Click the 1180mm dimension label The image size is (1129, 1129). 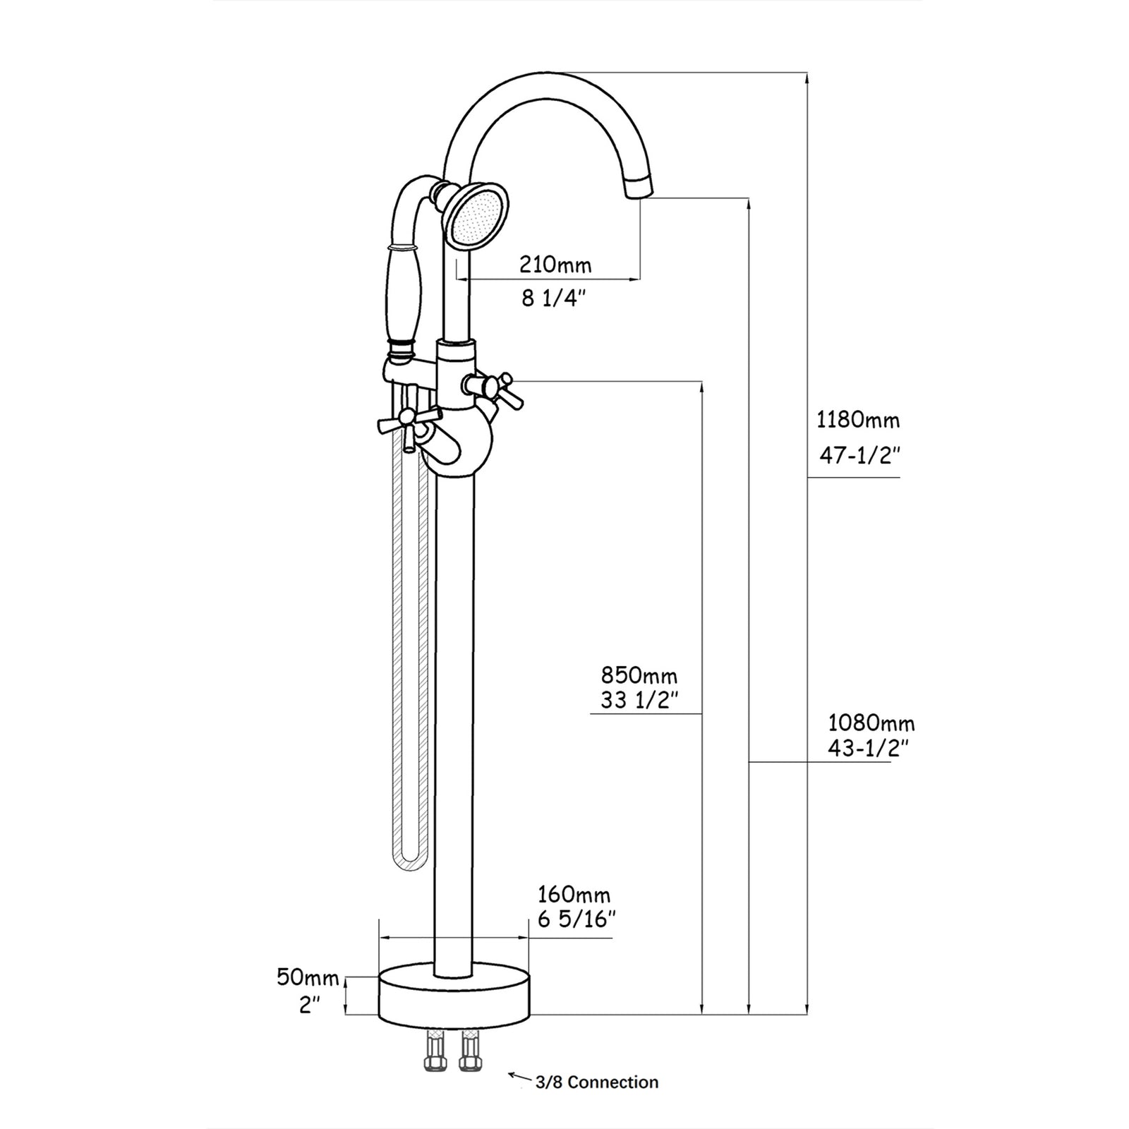tap(858, 421)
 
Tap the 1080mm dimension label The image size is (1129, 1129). tap(871, 723)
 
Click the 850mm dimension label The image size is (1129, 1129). tap(639, 675)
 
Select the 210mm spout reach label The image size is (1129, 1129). tap(555, 265)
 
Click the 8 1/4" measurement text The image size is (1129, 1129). tap(555, 298)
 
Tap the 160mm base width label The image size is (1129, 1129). tap(574, 895)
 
